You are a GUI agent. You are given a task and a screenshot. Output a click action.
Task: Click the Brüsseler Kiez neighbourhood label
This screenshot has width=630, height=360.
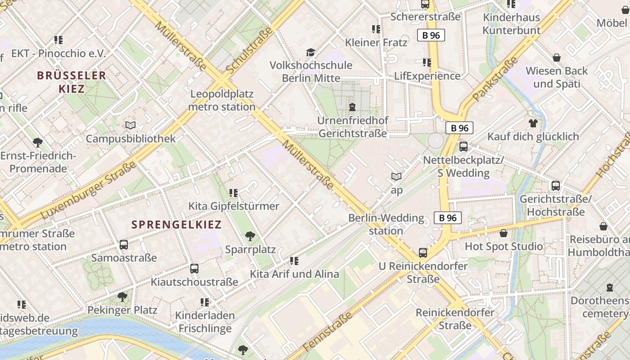(72, 82)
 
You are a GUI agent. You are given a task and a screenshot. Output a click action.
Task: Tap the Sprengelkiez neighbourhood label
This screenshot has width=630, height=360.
(176, 225)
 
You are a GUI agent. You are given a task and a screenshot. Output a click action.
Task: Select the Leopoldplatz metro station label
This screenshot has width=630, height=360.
(222, 100)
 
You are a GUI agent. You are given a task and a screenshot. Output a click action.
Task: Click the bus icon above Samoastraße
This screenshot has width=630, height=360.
(124, 245)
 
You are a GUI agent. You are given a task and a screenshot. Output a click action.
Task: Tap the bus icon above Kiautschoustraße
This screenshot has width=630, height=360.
(194, 269)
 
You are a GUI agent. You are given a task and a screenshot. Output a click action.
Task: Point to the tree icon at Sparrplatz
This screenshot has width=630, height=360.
(250, 236)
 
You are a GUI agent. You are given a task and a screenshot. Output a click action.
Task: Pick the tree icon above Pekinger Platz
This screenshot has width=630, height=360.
(122, 297)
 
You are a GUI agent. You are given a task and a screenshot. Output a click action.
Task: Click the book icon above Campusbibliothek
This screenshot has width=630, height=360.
(130, 126)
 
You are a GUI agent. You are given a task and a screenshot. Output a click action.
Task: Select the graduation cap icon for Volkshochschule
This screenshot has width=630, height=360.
(310, 52)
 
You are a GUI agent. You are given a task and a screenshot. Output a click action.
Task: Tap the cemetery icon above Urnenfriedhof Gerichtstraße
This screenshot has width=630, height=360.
(352, 107)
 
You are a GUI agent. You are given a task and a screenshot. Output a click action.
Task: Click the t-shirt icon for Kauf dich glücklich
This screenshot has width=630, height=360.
(533, 123)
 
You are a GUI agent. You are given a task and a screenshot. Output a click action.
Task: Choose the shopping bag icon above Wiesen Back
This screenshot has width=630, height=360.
(557, 58)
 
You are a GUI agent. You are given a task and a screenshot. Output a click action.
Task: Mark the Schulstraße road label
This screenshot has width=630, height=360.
(250, 50)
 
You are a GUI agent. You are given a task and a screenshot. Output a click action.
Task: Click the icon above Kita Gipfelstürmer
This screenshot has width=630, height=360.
(234, 193)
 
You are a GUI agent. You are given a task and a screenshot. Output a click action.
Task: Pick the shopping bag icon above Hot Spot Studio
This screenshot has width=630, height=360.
(504, 233)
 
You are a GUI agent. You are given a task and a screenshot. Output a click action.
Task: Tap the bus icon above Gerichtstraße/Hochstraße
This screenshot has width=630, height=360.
(556, 186)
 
